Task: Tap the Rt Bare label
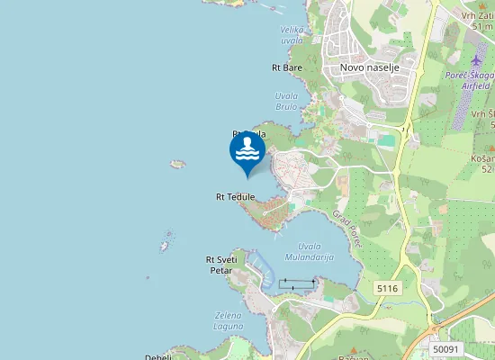click(287, 67)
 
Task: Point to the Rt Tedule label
click(235, 196)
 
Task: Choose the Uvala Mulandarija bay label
click(309, 252)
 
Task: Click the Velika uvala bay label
click(292, 34)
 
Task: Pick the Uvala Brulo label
click(286, 100)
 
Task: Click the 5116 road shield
click(388, 288)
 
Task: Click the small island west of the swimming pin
click(177, 165)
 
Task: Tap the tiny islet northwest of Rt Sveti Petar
click(166, 245)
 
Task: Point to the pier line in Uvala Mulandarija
click(297, 283)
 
